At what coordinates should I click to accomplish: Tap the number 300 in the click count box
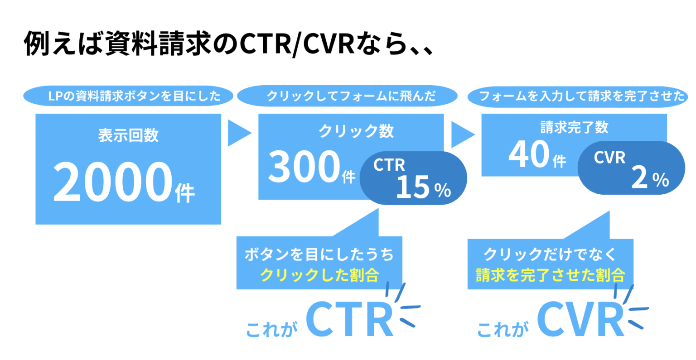point(304,167)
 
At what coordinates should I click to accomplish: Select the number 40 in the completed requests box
point(529,154)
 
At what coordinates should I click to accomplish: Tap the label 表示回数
point(128,135)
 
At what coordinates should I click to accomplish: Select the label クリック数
point(356,131)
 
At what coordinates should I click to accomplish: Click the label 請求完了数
point(574,127)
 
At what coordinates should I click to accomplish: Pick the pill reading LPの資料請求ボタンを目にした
point(128,96)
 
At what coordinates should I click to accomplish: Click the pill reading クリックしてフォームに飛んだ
point(347,96)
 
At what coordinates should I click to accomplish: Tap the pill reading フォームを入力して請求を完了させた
point(578,96)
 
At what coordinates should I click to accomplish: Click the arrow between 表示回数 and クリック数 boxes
point(238,133)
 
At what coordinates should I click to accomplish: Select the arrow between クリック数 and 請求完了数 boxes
point(462,134)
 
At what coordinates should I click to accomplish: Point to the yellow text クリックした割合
point(319,275)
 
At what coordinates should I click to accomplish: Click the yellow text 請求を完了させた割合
point(550,275)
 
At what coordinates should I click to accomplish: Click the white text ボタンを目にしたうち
point(319,254)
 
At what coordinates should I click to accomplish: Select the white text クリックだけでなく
point(550,254)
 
